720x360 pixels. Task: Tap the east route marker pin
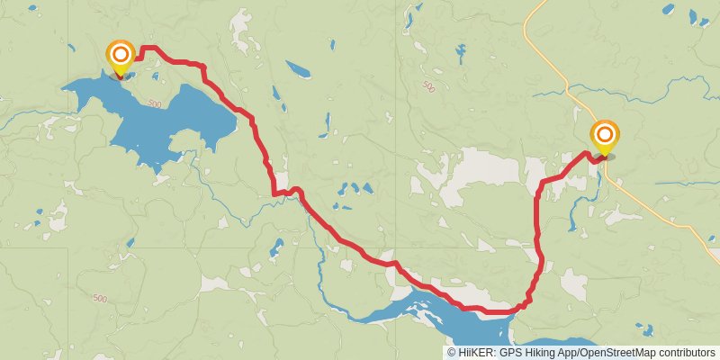[605, 136]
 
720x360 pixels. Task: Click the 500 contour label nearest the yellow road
[427, 86]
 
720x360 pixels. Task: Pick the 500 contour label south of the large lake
[99, 298]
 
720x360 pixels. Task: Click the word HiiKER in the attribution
[474, 353]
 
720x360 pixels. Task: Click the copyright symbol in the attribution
[452, 353]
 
